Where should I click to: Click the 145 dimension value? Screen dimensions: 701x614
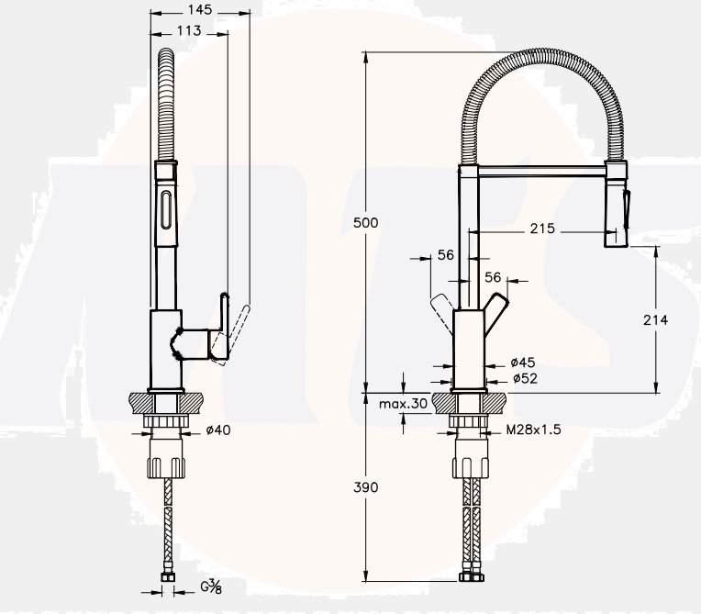click(200, 9)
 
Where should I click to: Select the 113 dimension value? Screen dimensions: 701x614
click(189, 30)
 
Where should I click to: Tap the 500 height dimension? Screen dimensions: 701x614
click(366, 222)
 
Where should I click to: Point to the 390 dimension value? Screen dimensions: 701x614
click(366, 487)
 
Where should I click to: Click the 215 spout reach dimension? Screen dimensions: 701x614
click(542, 229)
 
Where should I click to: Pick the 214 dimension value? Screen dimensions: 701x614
click(655, 319)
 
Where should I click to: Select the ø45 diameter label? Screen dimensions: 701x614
click(523, 363)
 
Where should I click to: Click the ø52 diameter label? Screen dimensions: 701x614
click(525, 378)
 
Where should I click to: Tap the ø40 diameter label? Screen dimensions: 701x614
click(218, 430)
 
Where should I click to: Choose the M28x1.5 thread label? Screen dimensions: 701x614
click(533, 430)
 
